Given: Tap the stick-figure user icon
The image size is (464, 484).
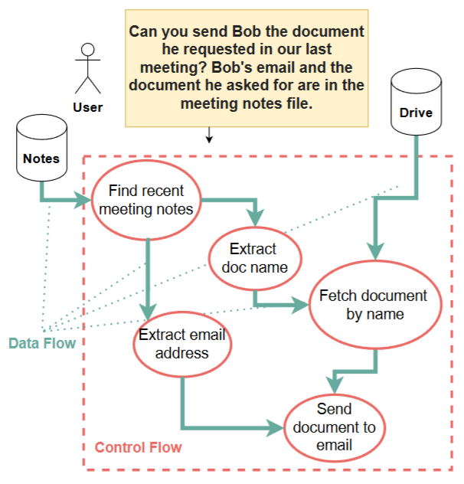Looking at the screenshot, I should coord(88,68).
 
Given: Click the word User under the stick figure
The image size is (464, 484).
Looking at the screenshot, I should coord(88,107).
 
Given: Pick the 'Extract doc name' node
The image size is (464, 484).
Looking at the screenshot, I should coord(253,257).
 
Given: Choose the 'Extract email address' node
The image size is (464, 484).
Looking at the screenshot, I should coord(181,344).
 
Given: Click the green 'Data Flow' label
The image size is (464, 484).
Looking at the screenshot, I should coord(42,343).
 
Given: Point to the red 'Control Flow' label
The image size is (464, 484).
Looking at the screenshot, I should coord(139,447).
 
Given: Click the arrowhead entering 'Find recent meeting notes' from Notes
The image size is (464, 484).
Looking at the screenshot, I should coord(83,201).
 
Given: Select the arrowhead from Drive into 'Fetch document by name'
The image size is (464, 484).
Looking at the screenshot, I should coord(374,253).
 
